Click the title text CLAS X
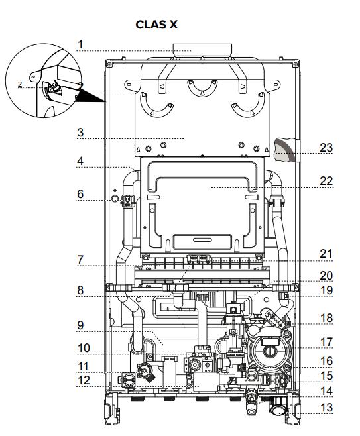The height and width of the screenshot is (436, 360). point(156,25)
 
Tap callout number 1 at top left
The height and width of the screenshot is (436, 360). point(80,44)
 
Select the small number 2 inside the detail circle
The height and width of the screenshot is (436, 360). point(20,84)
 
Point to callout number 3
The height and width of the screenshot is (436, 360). point(80,133)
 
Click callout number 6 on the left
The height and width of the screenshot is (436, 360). point(80,194)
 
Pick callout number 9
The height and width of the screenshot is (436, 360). point(80,325)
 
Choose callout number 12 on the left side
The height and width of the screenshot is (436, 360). point(84,380)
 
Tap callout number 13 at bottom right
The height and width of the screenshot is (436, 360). point(327,408)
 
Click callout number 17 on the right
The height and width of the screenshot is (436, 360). point(327,342)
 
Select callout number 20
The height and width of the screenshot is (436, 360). point(327,276)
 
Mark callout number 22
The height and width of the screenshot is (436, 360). point(327,181)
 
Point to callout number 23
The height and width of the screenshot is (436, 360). point(327,148)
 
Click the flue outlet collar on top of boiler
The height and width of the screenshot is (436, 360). point(202,50)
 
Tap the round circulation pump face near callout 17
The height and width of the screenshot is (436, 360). point(269,351)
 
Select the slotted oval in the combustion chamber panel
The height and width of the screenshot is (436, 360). point(202,240)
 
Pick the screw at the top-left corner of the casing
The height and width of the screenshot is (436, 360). point(109,64)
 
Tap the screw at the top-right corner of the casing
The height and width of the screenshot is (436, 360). point(295,64)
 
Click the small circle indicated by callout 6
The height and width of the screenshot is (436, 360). point(115,199)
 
